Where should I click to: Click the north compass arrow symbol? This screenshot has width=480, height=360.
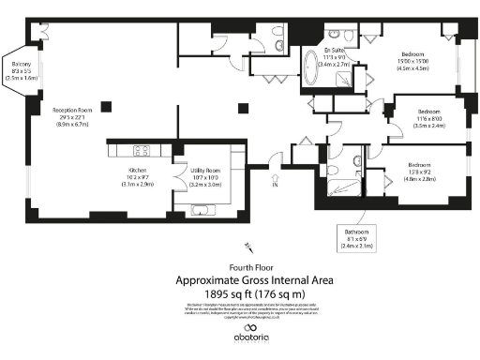248,247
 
